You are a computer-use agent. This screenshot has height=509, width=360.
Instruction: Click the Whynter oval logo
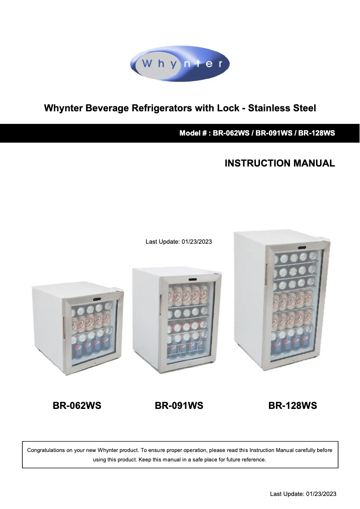click(x=180, y=64)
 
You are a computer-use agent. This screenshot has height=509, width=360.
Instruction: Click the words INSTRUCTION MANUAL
click(x=280, y=163)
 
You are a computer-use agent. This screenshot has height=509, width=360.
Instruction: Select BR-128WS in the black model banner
click(x=316, y=133)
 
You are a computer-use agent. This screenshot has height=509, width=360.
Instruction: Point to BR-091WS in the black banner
click(x=273, y=133)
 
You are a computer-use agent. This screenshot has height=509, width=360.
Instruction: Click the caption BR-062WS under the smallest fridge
click(x=77, y=406)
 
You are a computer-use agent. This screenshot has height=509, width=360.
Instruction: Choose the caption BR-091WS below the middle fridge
click(x=179, y=406)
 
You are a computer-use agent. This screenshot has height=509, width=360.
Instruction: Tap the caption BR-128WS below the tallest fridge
click(x=293, y=406)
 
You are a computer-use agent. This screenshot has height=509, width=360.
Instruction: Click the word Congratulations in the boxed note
click(x=50, y=450)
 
